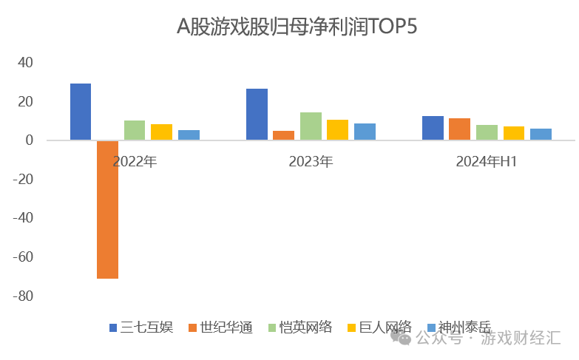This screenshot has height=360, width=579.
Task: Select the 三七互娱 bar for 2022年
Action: pyautogui.click(x=81, y=112)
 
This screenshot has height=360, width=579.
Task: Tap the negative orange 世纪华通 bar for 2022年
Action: pyautogui.click(x=107, y=209)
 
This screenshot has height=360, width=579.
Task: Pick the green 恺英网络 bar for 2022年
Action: pyautogui.click(x=135, y=130)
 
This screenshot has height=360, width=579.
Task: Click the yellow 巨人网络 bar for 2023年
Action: pyautogui.click(x=337, y=130)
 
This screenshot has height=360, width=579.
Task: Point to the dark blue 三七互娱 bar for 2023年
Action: pyautogui.click(x=257, y=115)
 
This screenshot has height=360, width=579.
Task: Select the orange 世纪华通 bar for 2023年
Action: pyautogui.click(x=283, y=135)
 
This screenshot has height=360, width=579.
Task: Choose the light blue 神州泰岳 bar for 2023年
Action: pyautogui.click(x=365, y=132)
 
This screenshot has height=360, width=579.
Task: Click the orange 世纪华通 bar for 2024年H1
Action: pyautogui.click(x=459, y=129)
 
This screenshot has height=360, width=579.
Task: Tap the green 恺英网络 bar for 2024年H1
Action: pyautogui.click(x=487, y=132)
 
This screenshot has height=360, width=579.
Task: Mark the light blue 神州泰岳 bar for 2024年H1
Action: pyautogui.click(x=541, y=135)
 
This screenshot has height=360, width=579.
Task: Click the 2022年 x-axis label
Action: pyautogui.click(x=135, y=160)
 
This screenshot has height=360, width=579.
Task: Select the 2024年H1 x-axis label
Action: pyautogui.click(x=486, y=160)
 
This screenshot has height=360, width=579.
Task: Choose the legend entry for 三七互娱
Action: pyautogui.click(x=141, y=327)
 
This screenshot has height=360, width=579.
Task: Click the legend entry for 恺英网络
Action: pyautogui.click(x=299, y=327)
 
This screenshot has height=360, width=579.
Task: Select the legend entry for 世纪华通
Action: pyautogui.click(x=220, y=327)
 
